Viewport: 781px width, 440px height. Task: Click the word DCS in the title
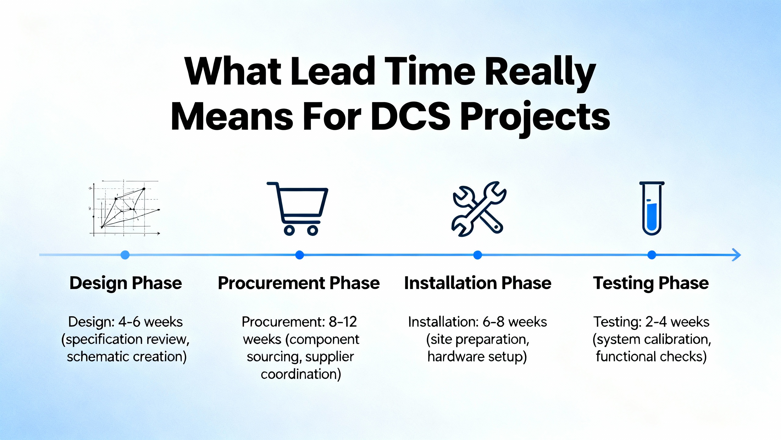click(411, 117)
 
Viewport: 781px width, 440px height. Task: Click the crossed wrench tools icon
click(479, 209)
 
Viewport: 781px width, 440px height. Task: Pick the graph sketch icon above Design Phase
click(124, 208)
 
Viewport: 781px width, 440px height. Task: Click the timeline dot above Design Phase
click(125, 255)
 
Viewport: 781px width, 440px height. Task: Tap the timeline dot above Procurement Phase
click(300, 255)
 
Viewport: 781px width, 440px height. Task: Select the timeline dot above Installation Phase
click(477, 255)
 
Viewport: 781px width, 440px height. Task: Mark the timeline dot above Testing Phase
click(652, 255)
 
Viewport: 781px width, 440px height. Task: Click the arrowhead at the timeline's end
click(737, 255)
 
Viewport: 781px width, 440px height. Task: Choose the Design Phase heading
click(126, 283)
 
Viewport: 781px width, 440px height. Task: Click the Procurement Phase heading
click(299, 283)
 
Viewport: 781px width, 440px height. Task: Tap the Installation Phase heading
click(478, 283)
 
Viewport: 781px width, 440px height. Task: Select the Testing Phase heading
click(651, 283)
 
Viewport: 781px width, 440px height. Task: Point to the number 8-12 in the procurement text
click(343, 322)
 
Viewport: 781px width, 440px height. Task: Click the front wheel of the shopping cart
click(312, 230)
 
